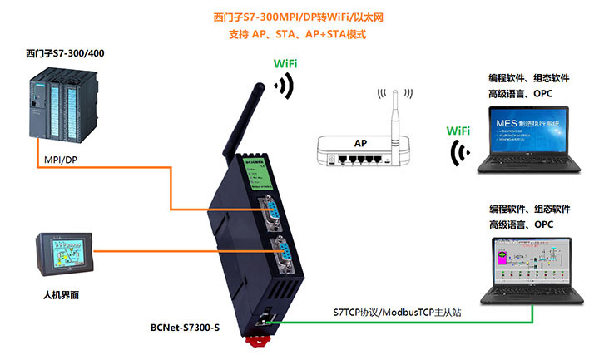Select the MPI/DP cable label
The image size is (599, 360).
point(59,160)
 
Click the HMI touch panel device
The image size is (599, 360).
point(66,254)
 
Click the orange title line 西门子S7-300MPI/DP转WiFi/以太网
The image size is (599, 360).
point(298,17)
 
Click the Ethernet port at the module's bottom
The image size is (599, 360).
point(265,320)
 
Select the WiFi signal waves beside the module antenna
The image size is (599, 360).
point(285,85)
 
